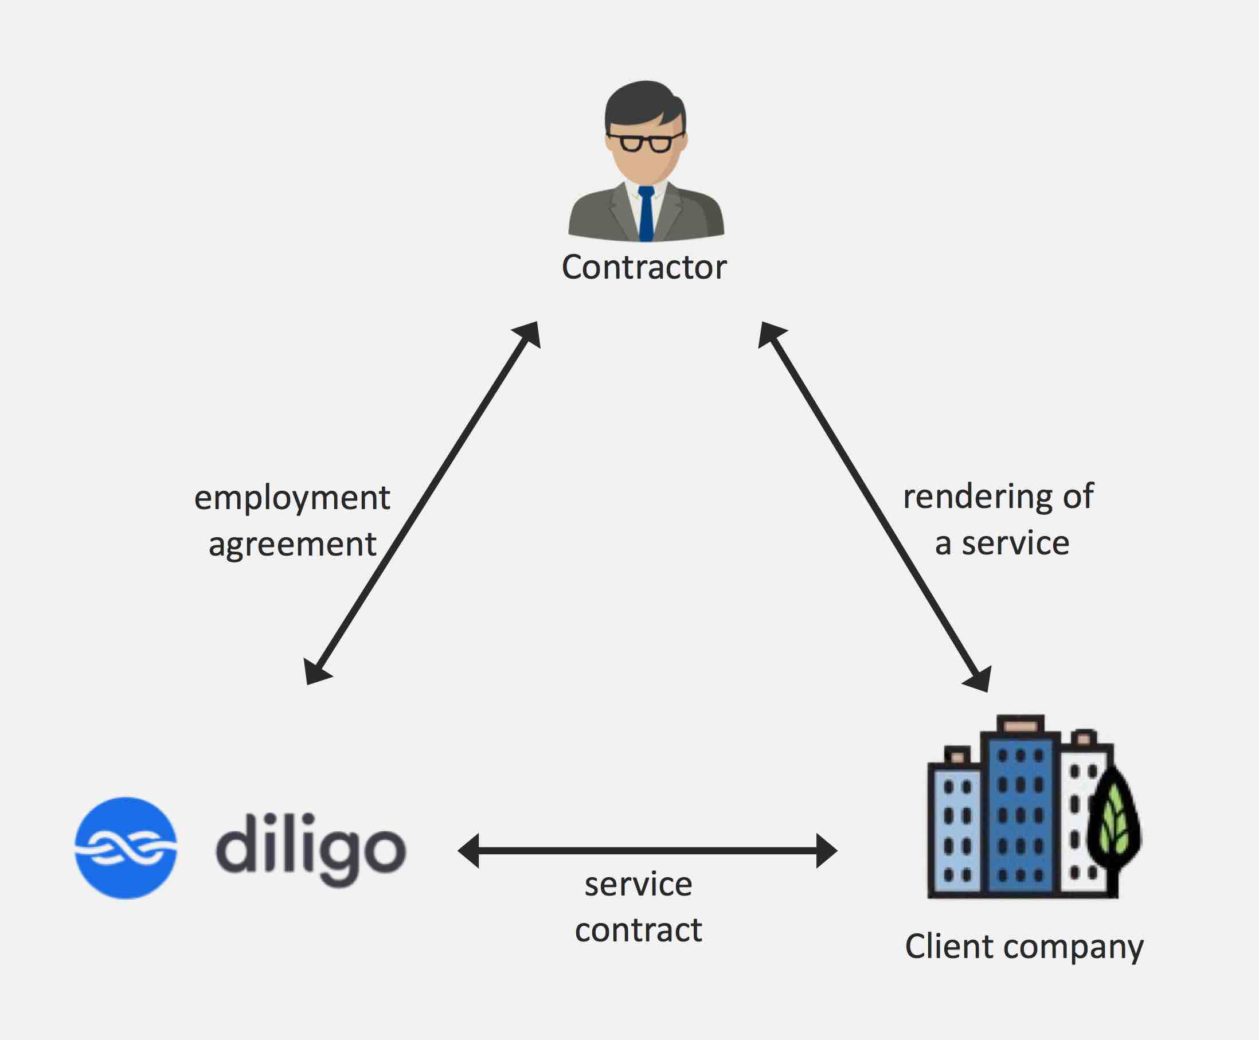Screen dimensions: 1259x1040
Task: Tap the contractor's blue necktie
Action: [x=646, y=214]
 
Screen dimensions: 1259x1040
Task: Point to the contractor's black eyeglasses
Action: [x=646, y=143]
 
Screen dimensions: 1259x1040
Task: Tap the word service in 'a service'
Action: [x=1015, y=543]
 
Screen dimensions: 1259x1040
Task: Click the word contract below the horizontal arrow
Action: [x=638, y=930]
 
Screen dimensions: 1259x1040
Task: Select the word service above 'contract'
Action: [x=639, y=884]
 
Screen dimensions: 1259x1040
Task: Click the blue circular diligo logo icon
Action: [x=126, y=847]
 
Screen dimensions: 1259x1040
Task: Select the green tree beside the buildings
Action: [x=1114, y=827]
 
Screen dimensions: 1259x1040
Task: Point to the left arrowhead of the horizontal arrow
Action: [x=468, y=850]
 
